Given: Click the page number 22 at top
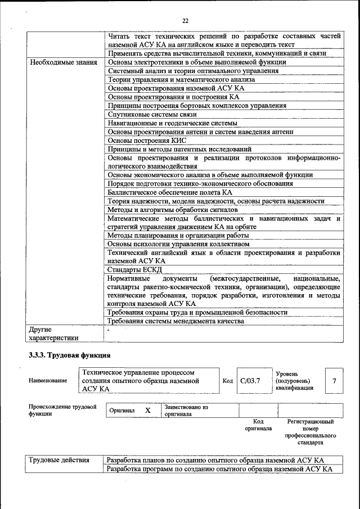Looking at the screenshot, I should [x=185, y=21].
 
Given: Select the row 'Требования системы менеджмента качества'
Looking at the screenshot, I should [x=175, y=321].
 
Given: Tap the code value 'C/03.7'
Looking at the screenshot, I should [x=250, y=381].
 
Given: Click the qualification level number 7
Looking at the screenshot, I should [x=334, y=381].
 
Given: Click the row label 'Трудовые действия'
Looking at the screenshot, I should [x=59, y=460].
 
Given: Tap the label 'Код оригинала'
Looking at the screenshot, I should [x=258, y=425].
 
